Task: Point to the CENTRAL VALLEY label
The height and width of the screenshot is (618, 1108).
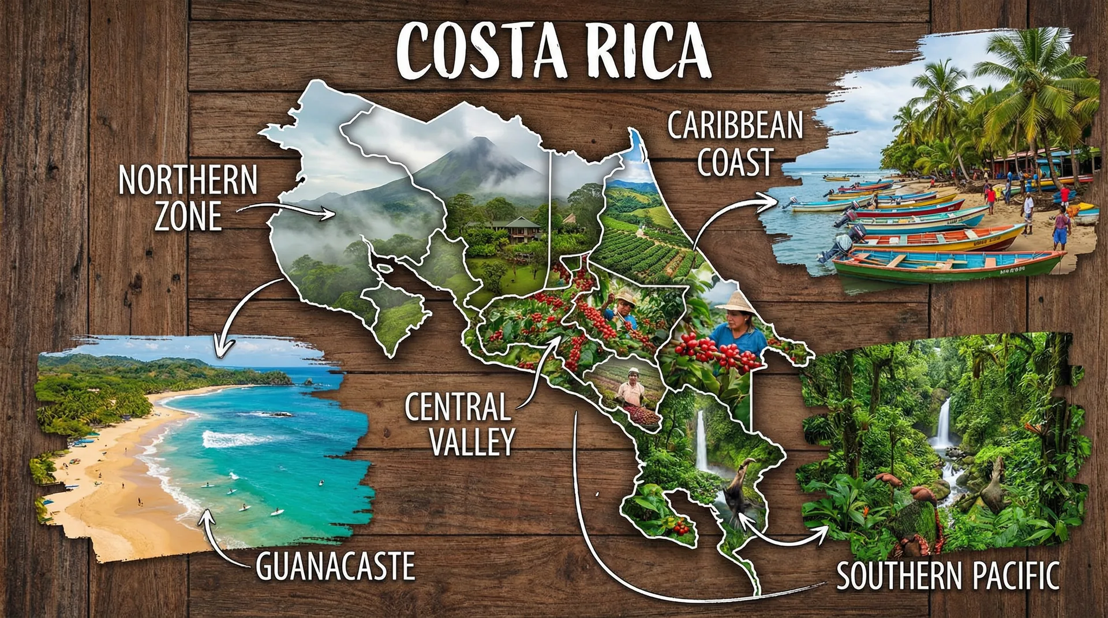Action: pos(459,424)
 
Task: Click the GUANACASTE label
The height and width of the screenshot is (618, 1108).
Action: pos(335,566)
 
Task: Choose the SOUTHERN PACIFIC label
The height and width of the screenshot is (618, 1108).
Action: pos(948,575)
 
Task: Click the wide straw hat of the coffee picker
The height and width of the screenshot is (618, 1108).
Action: pos(734,302)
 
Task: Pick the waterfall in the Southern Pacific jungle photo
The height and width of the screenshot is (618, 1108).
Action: pos(944,424)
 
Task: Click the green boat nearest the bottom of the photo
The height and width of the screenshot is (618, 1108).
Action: pos(946,265)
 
